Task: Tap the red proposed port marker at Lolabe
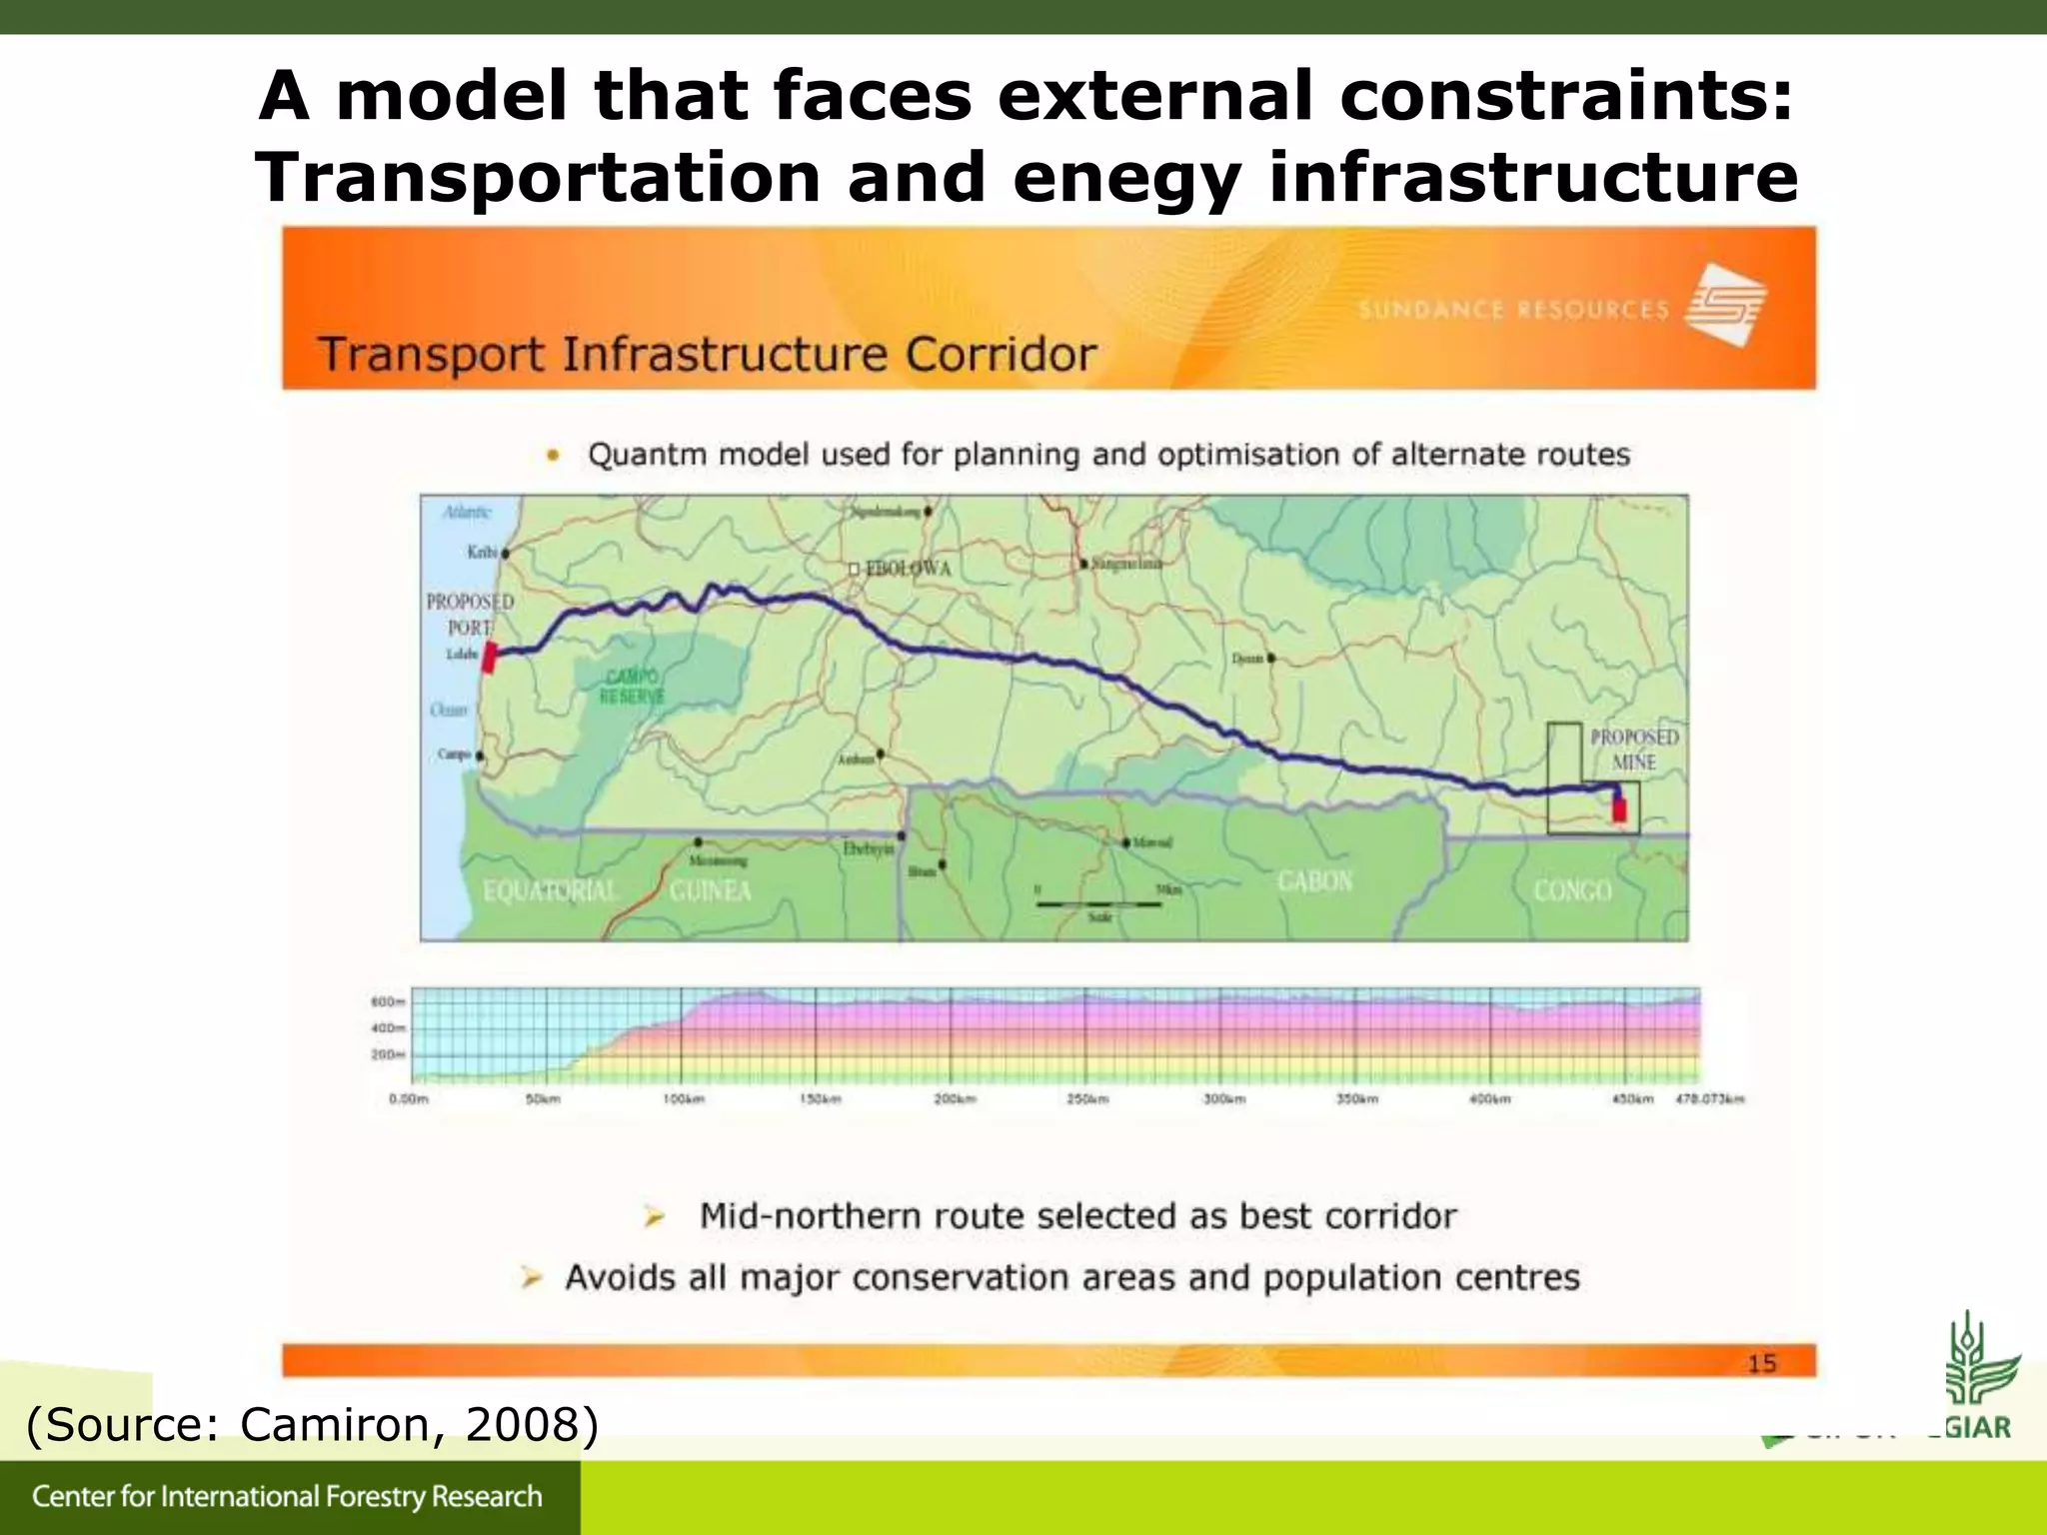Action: (490, 658)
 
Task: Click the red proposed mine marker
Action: (1619, 808)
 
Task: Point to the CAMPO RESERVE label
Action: (632, 687)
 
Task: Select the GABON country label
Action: (1314, 881)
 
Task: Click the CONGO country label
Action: (1572, 889)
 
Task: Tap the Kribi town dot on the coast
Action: (506, 553)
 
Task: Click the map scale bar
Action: (1098, 903)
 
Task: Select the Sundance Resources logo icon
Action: (1726, 305)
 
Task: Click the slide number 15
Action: (1761, 1363)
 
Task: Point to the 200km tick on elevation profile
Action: (954, 1099)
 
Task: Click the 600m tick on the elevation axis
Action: (388, 1001)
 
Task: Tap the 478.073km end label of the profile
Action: (1710, 1099)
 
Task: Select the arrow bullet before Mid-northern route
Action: (655, 1216)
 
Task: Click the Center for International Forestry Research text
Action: (287, 1496)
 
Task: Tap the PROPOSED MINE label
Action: (1634, 750)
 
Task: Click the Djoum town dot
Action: (1270, 659)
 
